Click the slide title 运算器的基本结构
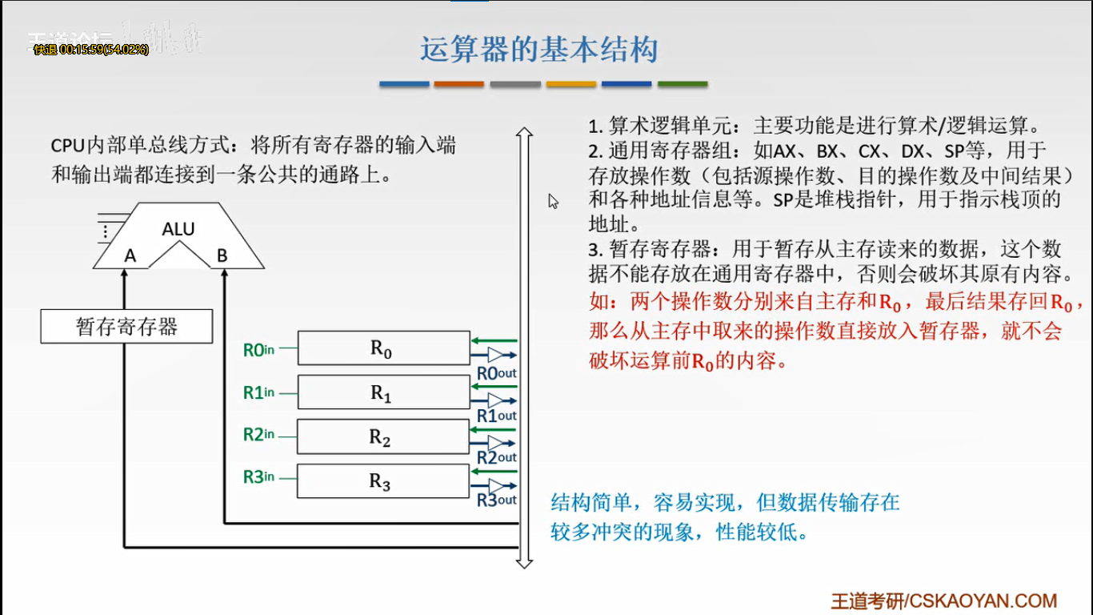(539, 50)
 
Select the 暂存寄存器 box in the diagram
(126, 327)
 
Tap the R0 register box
(382, 348)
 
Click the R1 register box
(382, 393)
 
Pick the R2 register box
(382, 437)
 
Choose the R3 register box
(382, 481)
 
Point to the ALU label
(178, 229)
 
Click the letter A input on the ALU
(130, 256)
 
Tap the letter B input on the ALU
(222, 256)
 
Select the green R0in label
(258, 349)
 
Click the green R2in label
(258, 435)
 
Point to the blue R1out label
(496, 416)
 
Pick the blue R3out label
(496, 500)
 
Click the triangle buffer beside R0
(496, 355)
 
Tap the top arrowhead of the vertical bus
(524, 131)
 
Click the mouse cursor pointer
(552, 200)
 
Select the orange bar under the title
(459, 84)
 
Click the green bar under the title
(683, 84)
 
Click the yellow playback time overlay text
(90, 50)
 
